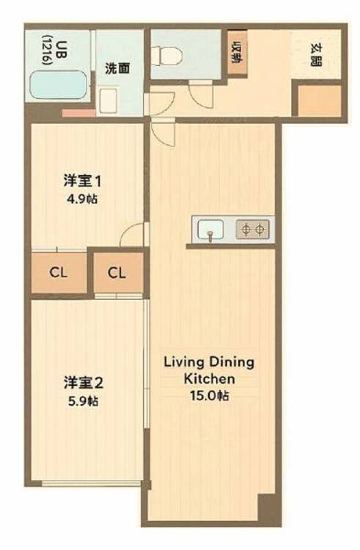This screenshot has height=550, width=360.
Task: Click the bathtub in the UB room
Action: [58, 85]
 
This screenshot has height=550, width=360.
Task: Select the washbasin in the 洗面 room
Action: [108, 100]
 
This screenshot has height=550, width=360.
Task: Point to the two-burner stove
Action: [253, 230]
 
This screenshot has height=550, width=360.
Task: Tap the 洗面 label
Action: [117, 68]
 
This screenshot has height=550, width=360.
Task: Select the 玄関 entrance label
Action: [316, 55]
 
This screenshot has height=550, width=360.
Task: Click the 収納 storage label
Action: [238, 52]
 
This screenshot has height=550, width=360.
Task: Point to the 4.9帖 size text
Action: [82, 199]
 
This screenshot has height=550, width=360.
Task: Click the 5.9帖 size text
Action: [83, 400]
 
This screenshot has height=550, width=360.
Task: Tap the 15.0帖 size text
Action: [210, 395]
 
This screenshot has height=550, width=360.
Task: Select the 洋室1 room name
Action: [83, 182]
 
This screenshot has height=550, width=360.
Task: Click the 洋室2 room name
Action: [83, 383]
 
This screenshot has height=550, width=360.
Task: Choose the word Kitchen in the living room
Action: [210, 379]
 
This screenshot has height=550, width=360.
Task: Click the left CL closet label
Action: [58, 272]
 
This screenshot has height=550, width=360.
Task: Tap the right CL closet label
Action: [117, 273]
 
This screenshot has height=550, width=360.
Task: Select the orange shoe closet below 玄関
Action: [320, 100]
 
